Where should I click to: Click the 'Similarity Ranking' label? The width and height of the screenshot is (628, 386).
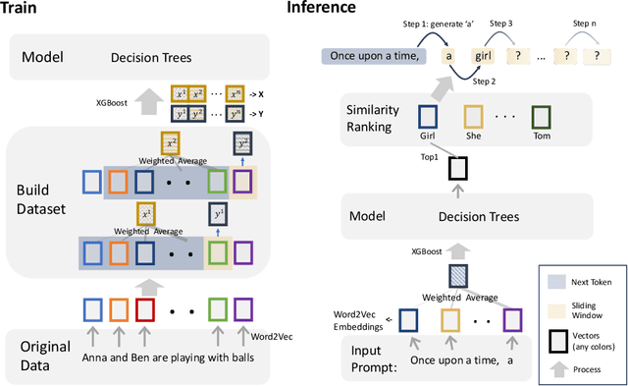click(x=367, y=120)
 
